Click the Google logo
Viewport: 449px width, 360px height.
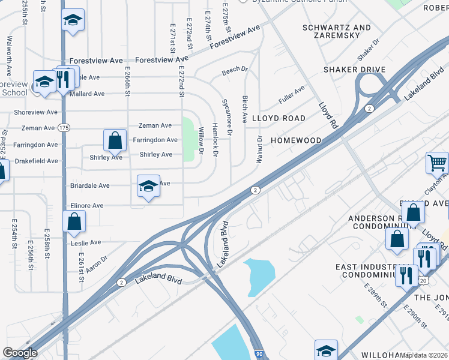coord(20,353)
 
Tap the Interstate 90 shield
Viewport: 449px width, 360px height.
coord(259,355)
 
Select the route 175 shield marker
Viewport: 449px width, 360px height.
coord(64,128)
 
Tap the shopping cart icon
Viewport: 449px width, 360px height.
coord(437,162)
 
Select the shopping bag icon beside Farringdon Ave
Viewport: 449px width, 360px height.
coord(115,140)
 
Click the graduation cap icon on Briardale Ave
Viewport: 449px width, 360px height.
coord(148,186)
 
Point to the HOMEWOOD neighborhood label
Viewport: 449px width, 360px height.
coord(296,140)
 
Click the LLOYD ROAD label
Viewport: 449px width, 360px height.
coord(279,118)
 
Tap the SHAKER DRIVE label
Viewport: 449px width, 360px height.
coord(354,70)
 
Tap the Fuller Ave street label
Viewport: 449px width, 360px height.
coord(292,94)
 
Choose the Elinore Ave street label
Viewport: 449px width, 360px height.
coord(87,206)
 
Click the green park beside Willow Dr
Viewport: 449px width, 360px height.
coord(188,139)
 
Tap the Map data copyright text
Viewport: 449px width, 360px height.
coord(424,355)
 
